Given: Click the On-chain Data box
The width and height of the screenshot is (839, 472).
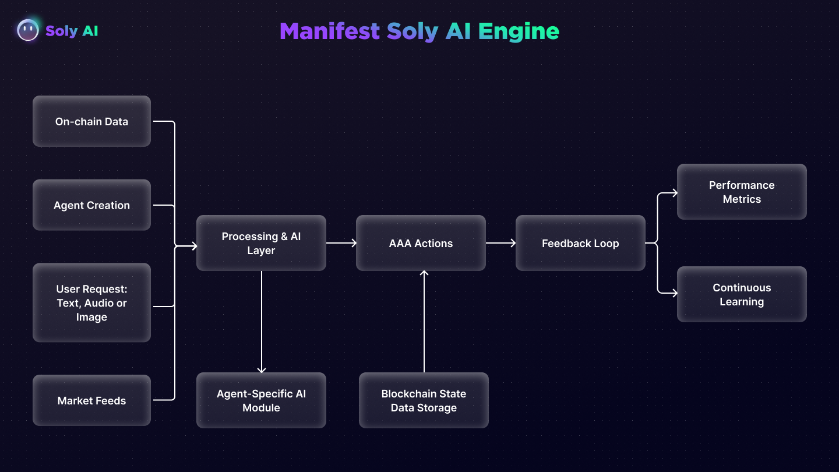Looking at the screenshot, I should pos(91,121).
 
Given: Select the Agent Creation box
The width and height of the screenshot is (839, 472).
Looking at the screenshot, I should pos(91,205).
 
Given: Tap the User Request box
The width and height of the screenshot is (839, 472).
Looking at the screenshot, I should pos(91,303).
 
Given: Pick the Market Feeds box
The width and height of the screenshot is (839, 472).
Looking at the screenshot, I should pos(91,400).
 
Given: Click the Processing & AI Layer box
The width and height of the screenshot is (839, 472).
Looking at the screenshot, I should pos(261,243).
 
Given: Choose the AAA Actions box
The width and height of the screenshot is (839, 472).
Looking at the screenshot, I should pos(421,243).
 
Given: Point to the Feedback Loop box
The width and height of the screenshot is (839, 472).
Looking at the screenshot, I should pos(580,243).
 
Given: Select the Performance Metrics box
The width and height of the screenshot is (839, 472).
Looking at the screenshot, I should pos(742,192).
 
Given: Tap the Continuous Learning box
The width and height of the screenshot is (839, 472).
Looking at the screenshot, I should pos(742,294).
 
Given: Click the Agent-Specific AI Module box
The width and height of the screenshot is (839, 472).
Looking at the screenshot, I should pos(261,400).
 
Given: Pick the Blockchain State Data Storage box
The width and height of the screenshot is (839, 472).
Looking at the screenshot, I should pos(424,400).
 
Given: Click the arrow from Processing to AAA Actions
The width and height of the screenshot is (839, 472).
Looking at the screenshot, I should pos(341,243).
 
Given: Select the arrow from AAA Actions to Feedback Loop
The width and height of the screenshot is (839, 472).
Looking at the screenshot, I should pos(500,243).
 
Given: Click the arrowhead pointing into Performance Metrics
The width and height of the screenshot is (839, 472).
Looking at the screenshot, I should pos(674,193).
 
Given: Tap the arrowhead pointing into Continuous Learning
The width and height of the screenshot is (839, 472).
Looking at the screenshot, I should pos(674,294).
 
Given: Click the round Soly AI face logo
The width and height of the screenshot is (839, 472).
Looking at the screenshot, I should pos(28,30).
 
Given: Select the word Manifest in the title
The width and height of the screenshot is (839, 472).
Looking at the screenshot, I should pos(330,31).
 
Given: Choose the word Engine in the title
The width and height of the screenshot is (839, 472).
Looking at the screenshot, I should pos(519,31).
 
